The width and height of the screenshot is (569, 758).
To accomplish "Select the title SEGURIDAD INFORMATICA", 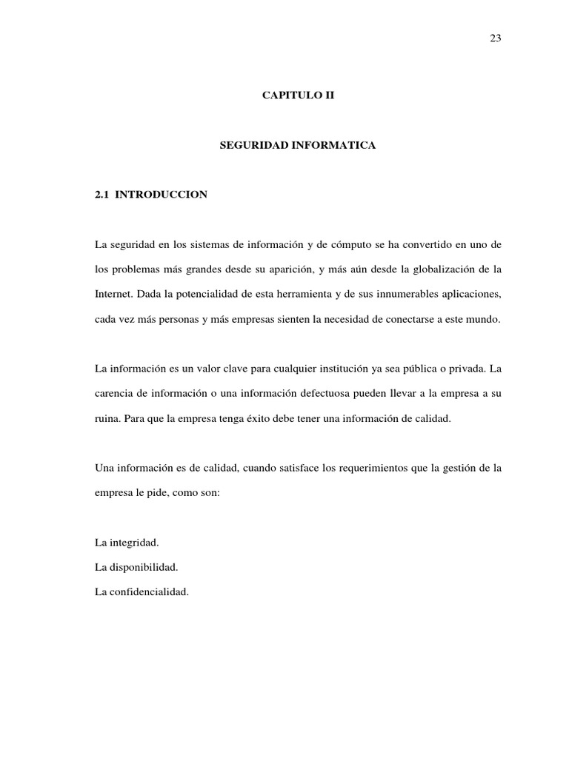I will point(298,147).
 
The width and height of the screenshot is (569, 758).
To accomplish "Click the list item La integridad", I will point(127,543).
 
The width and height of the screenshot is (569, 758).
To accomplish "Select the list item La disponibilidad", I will point(137,567).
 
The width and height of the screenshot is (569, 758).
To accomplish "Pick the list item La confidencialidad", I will point(142,591).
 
